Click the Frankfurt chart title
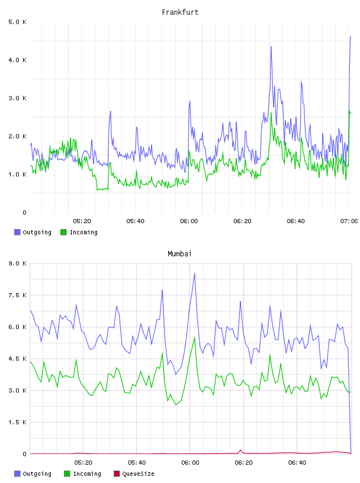pos(180,12)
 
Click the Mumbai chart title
pos(179,253)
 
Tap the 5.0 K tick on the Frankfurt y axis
pos(17,22)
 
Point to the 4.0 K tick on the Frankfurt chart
pos(17,60)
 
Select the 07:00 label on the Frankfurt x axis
pos(349,221)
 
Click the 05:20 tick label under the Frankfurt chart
pos(82,221)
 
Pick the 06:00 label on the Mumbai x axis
pos(190,462)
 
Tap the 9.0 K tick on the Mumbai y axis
pos(17,263)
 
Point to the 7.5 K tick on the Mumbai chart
pos(17,295)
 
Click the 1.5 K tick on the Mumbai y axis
pos(17,422)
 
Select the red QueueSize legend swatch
pos(117,474)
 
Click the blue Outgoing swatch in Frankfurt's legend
pos(17,232)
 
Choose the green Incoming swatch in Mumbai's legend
pos(67,474)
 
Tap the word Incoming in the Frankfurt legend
pos(83,232)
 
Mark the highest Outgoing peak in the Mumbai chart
pos(194,273)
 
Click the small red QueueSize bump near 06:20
pos(240,450)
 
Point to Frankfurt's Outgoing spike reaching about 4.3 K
pos(271,47)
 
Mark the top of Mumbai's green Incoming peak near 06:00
pos(195,337)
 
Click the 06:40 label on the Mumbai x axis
pos(297,462)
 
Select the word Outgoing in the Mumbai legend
pos(37,474)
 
